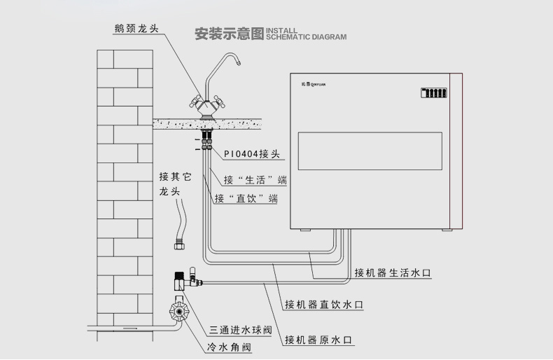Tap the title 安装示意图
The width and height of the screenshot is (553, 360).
(x=229, y=33)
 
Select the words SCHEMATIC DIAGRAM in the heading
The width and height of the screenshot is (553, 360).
(x=306, y=37)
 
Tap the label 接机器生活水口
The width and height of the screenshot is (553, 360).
(x=391, y=272)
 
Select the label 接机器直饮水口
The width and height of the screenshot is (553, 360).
(x=323, y=305)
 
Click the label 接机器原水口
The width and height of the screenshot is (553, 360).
(x=318, y=340)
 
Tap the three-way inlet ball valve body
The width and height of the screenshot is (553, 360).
(x=181, y=282)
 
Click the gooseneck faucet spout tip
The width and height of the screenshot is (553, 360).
(x=237, y=64)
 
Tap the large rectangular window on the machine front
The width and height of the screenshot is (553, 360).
(x=370, y=150)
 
